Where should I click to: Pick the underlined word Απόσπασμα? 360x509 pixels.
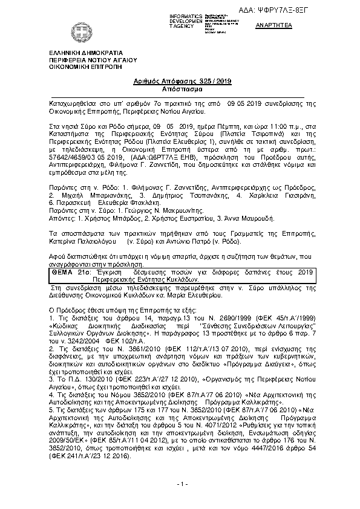point(180,88)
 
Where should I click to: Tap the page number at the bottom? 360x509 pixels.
point(180,485)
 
